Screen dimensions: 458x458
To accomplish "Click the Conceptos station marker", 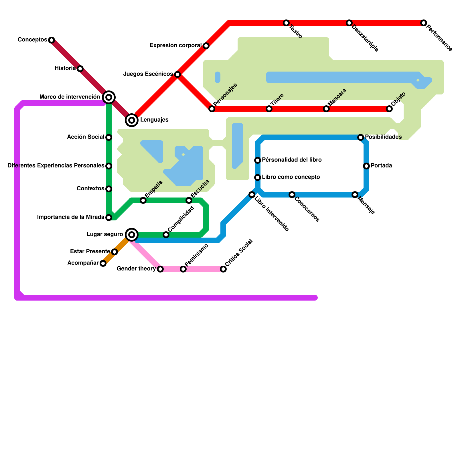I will coord(52,40).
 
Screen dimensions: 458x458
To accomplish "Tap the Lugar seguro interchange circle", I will coord(132,235).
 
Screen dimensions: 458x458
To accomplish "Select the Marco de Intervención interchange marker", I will coord(109,97).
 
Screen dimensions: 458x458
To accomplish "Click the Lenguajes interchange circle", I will coord(132,120).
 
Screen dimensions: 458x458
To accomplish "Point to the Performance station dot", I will coord(424,23).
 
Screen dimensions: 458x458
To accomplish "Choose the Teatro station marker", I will coord(286,23).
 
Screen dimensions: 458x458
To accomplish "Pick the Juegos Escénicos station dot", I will coord(177,74).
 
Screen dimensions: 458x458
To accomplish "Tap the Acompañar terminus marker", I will coord(103,263).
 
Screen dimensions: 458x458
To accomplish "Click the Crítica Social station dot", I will coord(223,269).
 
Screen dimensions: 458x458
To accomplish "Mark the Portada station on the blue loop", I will coord(366,166).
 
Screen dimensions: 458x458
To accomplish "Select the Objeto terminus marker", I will coord(389,109).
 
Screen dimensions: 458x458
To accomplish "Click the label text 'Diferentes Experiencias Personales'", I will coord(56,166).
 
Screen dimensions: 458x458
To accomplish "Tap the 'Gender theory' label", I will coord(136,269).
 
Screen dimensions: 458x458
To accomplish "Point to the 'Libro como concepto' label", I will coord(291,177).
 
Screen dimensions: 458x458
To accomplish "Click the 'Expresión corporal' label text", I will coord(176,46).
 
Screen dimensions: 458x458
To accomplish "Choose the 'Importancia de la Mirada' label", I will coord(71,217).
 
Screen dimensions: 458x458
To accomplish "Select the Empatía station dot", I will coord(143,200).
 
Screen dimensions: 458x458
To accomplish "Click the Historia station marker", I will coord(80,69).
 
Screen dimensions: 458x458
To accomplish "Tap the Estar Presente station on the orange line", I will coord(114,252).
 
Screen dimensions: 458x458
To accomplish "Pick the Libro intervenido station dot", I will coord(252,195).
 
